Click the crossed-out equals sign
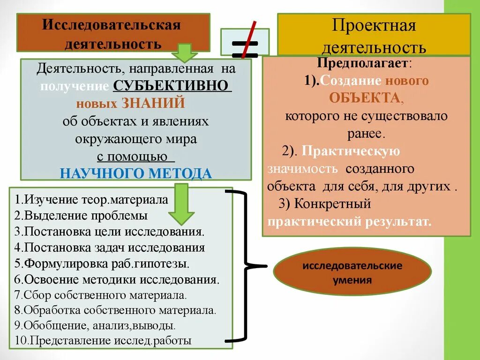tap(245, 42)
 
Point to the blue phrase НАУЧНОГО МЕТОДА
tap(136, 173)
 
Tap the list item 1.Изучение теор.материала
tap(91, 200)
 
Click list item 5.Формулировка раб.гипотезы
tap(102, 263)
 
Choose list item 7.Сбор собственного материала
tap(100, 295)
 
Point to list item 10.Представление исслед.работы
tap(103, 341)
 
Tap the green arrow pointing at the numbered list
tap(181, 204)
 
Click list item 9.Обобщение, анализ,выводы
tap(95, 325)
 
